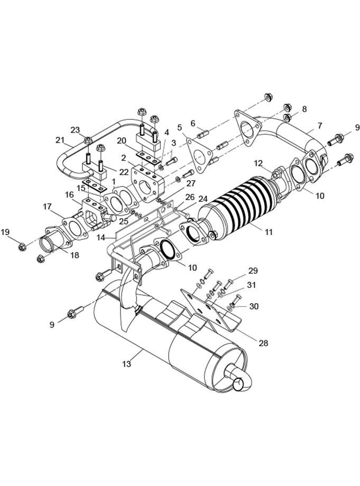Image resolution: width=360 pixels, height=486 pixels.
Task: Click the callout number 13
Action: [126, 363]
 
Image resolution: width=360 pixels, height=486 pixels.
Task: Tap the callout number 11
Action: [269, 231]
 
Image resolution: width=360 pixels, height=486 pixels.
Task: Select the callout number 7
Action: [320, 126]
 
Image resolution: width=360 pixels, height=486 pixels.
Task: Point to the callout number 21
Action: [60, 140]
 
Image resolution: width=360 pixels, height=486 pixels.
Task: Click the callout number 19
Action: [5, 232]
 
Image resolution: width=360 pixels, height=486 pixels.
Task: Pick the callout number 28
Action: [263, 343]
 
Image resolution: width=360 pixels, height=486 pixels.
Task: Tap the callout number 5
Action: [180, 127]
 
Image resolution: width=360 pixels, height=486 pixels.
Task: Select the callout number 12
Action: [259, 163]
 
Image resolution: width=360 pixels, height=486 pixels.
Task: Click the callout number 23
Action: [75, 130]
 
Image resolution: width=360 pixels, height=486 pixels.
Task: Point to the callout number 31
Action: [251, 285]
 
